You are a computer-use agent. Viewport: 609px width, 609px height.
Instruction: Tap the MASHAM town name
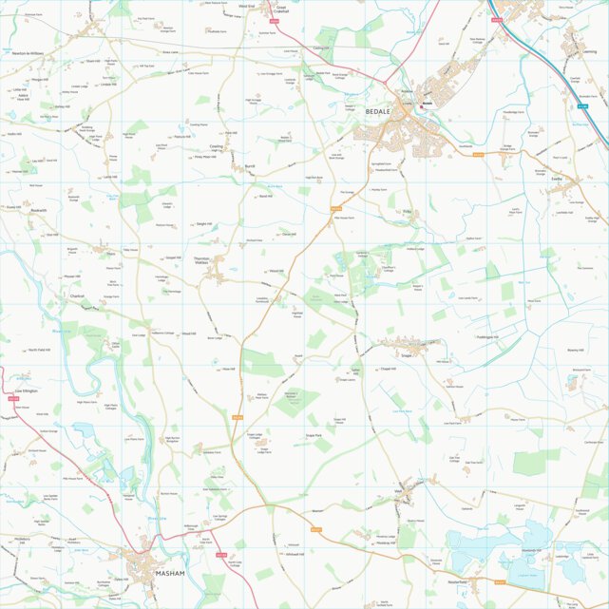(169, 573)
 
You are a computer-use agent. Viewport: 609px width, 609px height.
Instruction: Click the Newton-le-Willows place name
(26, 54)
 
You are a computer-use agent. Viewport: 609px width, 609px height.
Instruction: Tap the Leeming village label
(588, 53)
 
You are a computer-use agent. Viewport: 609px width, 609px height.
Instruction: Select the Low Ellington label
(26, 390)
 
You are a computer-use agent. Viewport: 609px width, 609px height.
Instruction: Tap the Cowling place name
(216, 146)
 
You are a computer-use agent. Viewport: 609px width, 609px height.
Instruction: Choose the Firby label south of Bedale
(407, 211)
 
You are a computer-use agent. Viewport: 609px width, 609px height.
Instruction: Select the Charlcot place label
(77, 296)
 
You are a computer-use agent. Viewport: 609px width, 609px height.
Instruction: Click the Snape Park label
(314, 435)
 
